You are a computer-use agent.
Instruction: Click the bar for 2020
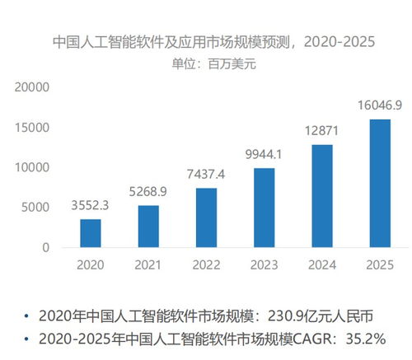[91, 233]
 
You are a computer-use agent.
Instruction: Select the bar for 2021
[148, 226]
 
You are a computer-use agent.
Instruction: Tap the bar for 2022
[206, 217]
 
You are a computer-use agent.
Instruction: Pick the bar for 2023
[265, 208]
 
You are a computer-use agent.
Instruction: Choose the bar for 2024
[322, 196]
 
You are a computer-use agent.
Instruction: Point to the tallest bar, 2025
[380, 184]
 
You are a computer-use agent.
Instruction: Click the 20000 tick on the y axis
[33, 87]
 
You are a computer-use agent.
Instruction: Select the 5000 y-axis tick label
[36, 208]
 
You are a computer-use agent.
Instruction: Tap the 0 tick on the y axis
[46, 248]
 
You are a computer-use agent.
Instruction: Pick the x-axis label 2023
[265, 265]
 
